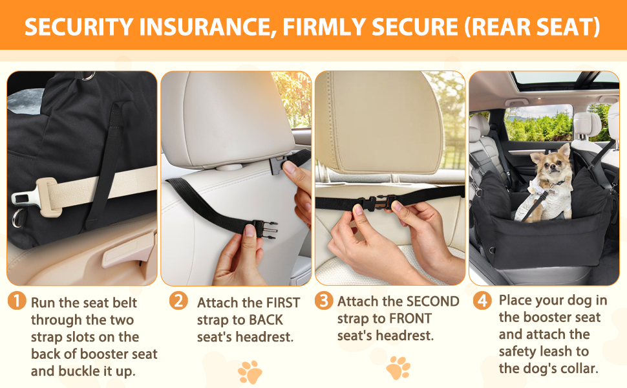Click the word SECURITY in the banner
pos(79,27)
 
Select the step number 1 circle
pos(17,301)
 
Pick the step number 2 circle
pos(178,301)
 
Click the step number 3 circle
pos(323,301)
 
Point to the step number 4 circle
pos(482,301)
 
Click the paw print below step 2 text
pos(250,372)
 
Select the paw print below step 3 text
pos(398,367)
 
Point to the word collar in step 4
pos(576,369)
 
